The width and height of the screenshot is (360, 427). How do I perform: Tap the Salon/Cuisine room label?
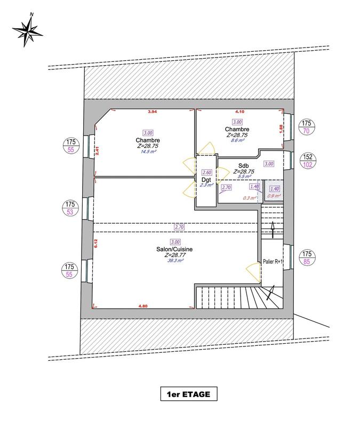175,249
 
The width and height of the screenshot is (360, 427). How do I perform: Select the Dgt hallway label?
206,179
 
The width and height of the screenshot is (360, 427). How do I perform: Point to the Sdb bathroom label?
244,165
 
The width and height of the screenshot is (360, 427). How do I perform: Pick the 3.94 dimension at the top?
153,112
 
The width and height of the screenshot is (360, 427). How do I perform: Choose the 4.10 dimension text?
241,112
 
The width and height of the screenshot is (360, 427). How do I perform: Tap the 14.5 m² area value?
148,152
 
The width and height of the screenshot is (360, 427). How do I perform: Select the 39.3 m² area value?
175,261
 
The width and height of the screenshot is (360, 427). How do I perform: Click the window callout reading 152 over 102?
307,161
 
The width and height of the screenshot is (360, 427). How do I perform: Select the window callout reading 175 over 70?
307,126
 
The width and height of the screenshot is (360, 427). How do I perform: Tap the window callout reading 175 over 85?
307,258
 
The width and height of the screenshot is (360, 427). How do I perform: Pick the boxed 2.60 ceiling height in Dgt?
206,172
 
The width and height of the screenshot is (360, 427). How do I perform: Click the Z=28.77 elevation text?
175,255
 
